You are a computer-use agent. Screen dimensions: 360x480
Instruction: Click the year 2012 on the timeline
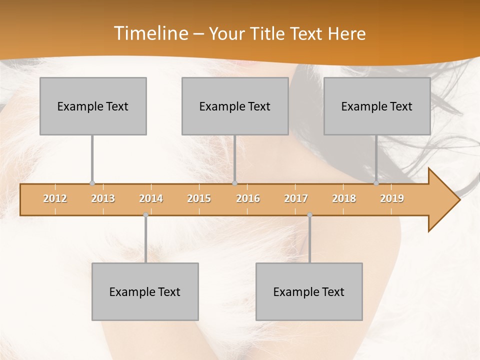(x=55, y=198)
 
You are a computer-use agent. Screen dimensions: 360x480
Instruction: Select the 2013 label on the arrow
(x=103, y=198)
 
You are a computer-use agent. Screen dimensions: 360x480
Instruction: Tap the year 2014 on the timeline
(x=151, y=198)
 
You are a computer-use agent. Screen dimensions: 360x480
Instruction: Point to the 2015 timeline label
(x=199, y=198)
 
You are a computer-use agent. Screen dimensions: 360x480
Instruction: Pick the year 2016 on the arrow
(x=248, y=198)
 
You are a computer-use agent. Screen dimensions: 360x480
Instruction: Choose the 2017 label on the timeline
(x=296, y=198)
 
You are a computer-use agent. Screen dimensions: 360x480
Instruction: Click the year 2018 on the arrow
(x=344, y=198)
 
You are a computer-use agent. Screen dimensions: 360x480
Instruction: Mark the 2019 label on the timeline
(x=392, y=198)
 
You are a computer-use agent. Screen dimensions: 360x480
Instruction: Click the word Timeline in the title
(x=150, y=33)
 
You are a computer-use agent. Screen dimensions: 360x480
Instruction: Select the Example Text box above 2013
(x=93, y=106)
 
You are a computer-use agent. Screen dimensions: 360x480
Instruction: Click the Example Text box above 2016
(x=235, y=106)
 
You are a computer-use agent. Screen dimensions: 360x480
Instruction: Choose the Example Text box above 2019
(x=377, y=106)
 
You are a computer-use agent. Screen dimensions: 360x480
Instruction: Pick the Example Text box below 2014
(x=145, y=291)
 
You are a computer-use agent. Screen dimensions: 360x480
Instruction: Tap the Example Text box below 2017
(x=309, y=291)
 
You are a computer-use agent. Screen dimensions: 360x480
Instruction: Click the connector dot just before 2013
(x=92, y=183)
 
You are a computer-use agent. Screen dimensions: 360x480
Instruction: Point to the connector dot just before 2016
(x=234, y=183)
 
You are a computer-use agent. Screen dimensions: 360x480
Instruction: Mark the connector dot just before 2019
(x=376, y=183)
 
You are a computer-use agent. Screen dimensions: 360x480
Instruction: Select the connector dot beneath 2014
(x=145, y=215)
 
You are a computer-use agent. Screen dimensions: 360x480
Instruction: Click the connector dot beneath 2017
(x=309, y=215)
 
